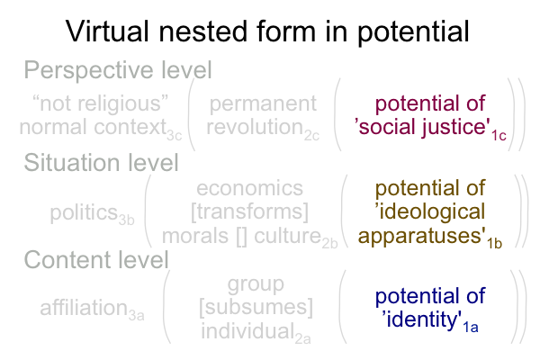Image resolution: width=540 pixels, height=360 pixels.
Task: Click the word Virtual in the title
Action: [107, 31]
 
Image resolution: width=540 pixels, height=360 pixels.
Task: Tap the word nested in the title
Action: [202, 31]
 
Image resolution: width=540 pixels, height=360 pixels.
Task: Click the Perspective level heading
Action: [118, 70]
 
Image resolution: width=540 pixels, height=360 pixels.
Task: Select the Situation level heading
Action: [101, 163]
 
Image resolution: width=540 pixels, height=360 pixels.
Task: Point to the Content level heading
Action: [96, 259]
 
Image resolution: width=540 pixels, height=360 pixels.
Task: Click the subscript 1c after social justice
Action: [499, 136]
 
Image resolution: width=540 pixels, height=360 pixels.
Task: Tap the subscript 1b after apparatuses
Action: [494, 243]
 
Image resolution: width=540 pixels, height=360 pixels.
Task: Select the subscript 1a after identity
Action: [471, 327]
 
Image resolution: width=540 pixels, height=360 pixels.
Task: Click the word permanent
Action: [263, 104]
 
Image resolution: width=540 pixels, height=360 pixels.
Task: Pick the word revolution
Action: [255, 127]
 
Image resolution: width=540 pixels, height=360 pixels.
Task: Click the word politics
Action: [84, 212]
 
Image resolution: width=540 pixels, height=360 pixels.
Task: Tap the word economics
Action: [249, 188]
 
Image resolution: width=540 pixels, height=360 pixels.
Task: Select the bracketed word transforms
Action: [249, 211]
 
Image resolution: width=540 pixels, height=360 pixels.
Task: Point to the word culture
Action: [288, 236]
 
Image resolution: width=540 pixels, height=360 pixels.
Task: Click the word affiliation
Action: [84, 307]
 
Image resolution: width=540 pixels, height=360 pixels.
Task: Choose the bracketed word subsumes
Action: [256, 307]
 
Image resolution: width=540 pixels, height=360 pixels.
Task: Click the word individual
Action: [247, 330]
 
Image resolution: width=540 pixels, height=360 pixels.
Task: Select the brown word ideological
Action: [430, 211]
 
